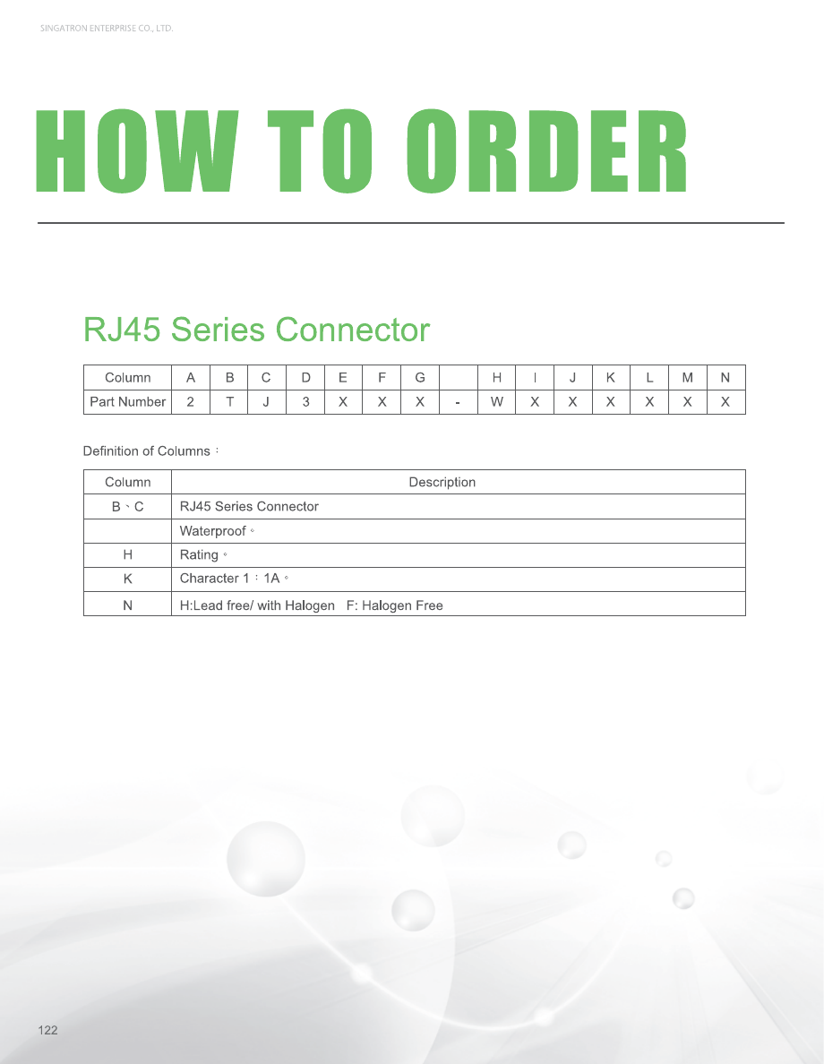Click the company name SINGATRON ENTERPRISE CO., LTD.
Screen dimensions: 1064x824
107,29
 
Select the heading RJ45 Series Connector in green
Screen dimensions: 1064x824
256,330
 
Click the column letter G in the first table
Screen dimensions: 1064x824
420,378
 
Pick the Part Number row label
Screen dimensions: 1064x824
127,402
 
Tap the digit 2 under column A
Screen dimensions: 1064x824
191,402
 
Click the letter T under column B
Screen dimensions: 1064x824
229,402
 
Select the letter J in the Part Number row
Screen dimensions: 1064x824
267,402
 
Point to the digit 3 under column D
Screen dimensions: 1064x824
305,402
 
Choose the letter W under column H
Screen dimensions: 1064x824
496,402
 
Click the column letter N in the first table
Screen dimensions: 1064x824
725,378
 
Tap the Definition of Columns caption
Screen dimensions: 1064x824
147,450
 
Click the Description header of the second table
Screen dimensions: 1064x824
442,482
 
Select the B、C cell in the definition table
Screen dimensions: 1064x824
127,507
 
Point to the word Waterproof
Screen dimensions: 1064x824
212,531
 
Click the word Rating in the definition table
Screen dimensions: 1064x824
199,555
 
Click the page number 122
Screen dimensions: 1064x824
47,1031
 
